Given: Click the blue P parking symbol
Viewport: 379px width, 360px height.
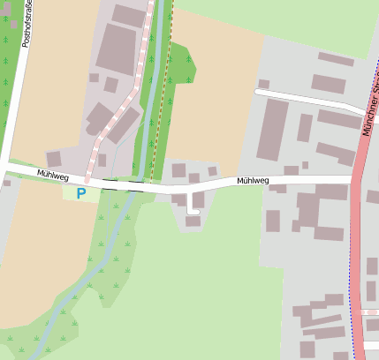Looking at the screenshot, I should pyautogui.click(x=81, y=192).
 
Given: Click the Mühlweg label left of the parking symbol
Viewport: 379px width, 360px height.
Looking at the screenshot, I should pyautogui.click(x=53, y=174).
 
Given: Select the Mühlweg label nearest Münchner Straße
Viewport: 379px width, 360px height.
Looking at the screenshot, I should pyautogui.click(x=253, y=181).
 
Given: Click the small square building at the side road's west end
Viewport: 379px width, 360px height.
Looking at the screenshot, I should pyautogui.click(x=263, y=84).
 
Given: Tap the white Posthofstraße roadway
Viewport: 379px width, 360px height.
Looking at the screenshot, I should pyautogui.click(x=13, y=88).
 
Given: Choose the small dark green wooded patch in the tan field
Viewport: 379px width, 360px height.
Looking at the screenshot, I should pyautogui.click(x=182, y=64).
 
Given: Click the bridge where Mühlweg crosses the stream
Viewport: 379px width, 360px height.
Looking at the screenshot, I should pyautogui.click(x=133, y=186).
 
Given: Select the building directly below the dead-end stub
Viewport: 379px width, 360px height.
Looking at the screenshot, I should pyautogui.click(x=193, y=221).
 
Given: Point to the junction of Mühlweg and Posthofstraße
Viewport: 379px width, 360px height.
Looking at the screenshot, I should pyautogui.click(x=4, y=165).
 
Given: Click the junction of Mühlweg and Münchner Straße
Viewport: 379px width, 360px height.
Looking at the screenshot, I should pyautogui.click(x=356, y=180).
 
